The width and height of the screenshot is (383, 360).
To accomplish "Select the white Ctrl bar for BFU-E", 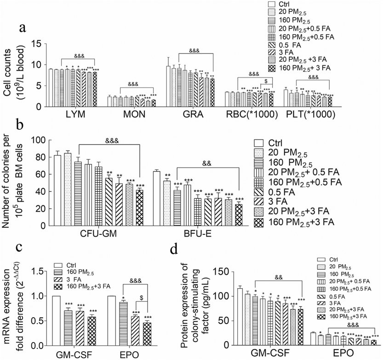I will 156,198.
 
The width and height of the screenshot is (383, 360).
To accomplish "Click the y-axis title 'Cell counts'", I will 9,73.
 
